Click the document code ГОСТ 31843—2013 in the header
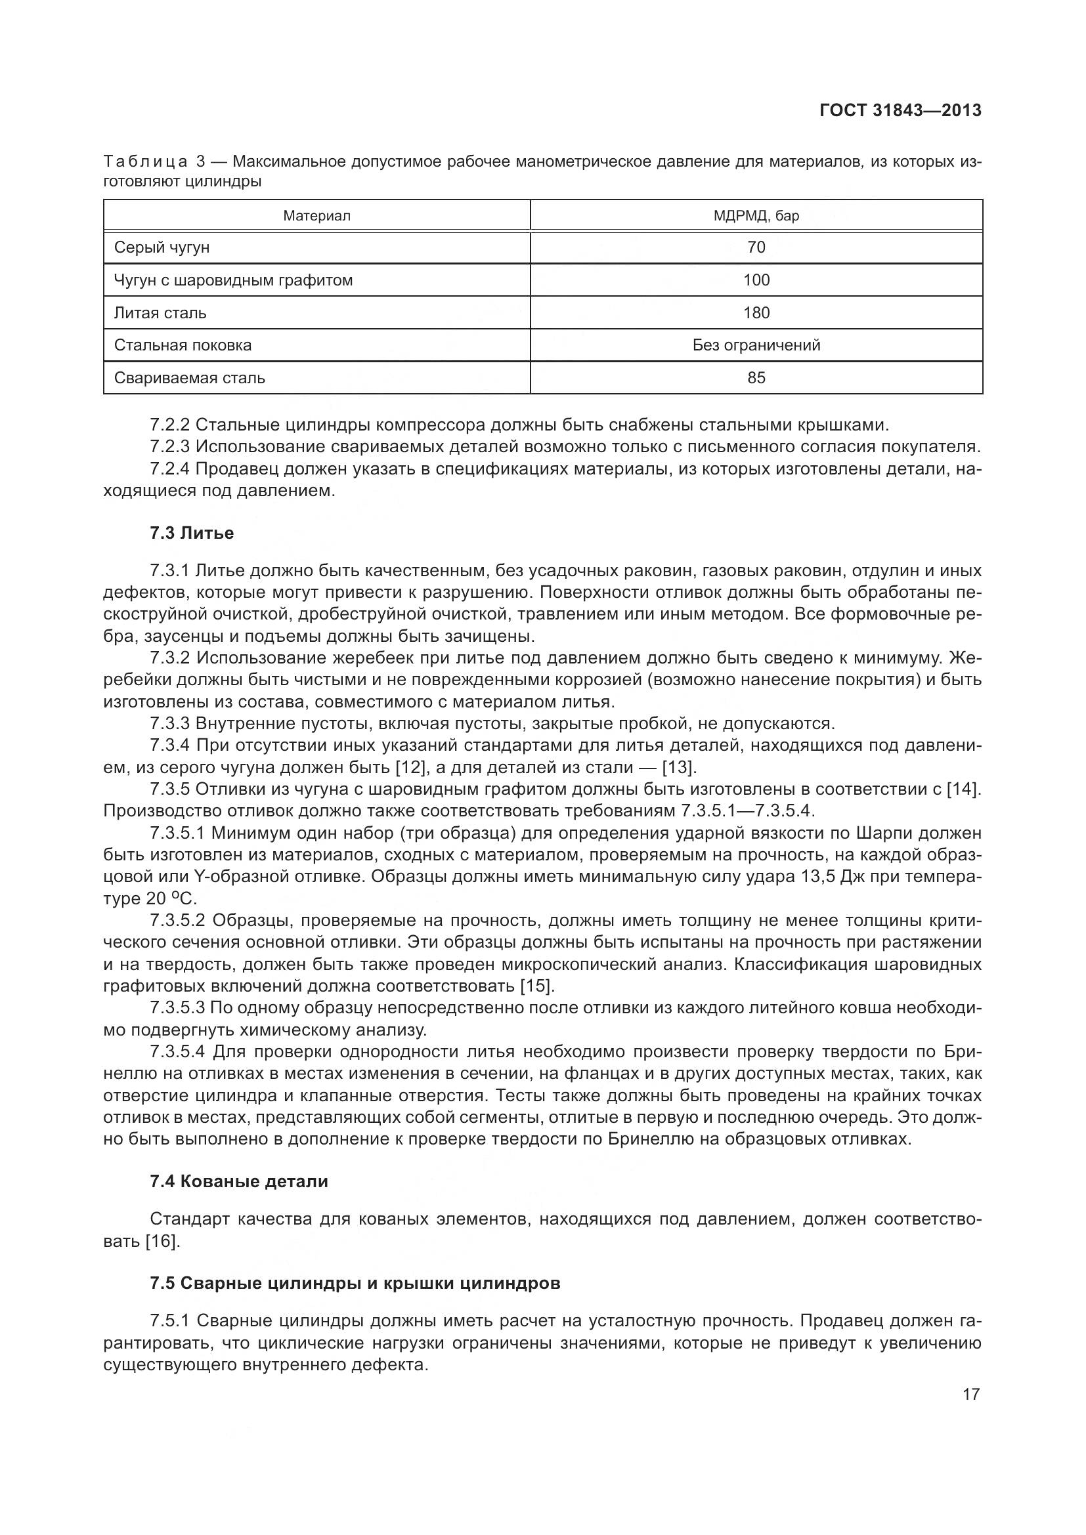click(900, 110)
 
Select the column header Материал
click(316, 216)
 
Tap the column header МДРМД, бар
click(756, 216)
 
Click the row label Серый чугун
click(162, 247)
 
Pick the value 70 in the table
click(756, 247)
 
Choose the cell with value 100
click(756, 280)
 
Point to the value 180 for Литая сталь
click(756, 313)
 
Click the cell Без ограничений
click(756, 345)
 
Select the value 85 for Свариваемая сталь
click(756, 378)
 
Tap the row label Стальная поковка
click(183, 345)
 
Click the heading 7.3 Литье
click(192, 533)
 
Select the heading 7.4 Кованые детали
click(239, 1181)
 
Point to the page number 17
click(971, 1394)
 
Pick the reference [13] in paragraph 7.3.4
click(678, 768)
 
